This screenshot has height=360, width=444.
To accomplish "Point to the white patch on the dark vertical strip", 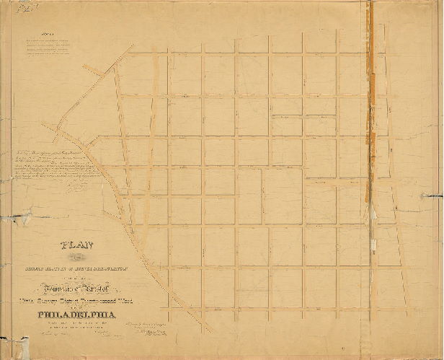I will click(x=370, y=211).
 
